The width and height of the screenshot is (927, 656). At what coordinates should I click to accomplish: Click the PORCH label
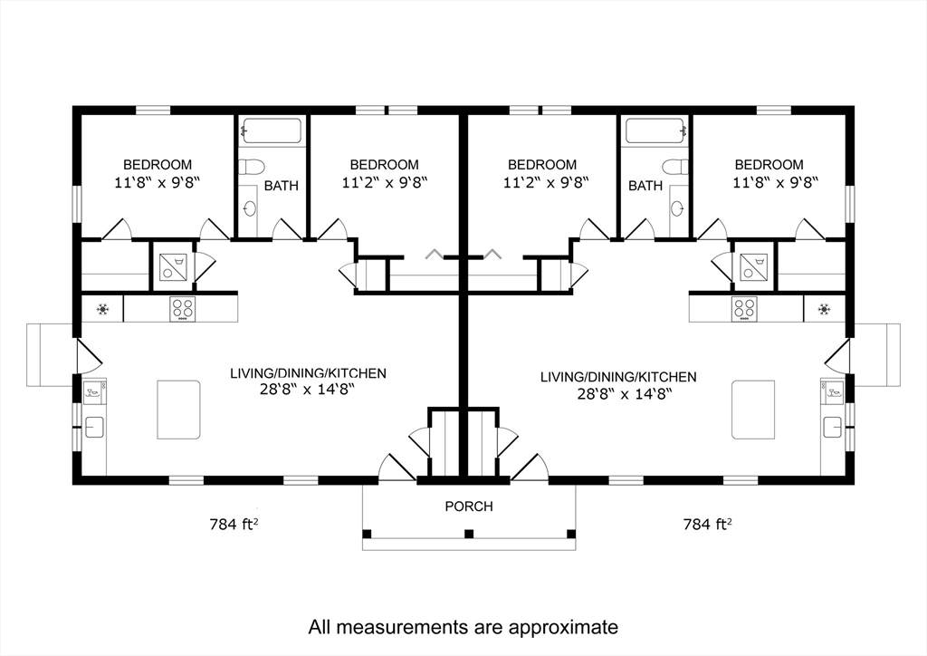click(x=469, y=506)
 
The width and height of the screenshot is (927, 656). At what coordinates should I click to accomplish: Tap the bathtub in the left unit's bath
click(x=272, y=130)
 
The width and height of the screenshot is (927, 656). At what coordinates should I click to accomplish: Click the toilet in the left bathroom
click(x=253, y=166)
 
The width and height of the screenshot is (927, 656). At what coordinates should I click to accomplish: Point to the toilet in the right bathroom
click(x=674, y=166)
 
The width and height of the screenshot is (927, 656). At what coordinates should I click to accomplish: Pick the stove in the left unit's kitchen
click(x=183, y=309)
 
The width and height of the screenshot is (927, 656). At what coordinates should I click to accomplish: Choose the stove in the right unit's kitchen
click(x=744, y=309)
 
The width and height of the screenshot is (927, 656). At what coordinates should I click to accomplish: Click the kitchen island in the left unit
click(x=178, y=410)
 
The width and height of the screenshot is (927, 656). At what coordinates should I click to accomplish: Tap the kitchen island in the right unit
click(x=753, y=410)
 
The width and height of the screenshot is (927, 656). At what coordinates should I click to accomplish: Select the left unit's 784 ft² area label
click(x=234, y=524)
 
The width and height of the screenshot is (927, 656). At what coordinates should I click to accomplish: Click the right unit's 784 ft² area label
click(x=707, y=524)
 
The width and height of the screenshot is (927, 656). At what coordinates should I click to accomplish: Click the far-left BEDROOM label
click(x=158, y=164)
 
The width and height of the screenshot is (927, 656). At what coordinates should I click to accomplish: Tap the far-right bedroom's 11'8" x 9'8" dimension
click(x=776, y=183)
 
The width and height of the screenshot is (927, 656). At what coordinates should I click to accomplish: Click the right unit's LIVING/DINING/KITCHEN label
click(x=618, y=377)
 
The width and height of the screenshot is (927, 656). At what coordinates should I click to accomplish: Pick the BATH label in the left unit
click(x=282, y=186)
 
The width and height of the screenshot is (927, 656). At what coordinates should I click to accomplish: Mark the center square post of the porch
click(x=469, y=535)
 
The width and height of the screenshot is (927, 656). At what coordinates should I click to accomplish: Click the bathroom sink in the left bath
click(x=251, y=208)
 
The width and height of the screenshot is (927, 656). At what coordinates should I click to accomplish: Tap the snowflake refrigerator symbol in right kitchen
click(x=824, y=309)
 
